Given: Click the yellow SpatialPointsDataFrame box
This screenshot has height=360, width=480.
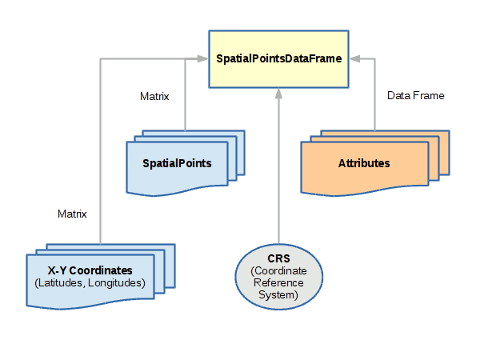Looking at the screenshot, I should point(278,58).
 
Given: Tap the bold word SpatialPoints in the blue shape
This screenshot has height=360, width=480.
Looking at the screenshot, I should point(177,163).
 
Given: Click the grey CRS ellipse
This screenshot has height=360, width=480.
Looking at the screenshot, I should point(279,277).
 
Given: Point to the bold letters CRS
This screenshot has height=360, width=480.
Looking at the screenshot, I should point(279,259).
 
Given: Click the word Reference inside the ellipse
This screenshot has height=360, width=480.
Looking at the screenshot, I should point(279,284).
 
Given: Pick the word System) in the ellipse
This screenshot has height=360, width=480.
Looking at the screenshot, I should point(279,296).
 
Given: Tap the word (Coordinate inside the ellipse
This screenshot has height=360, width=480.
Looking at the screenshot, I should point(279,271).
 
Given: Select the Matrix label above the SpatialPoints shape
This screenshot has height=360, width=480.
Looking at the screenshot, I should point(154,97).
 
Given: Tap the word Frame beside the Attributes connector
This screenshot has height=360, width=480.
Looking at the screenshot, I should point(430,96).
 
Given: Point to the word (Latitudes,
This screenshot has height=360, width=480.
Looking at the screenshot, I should point(62,283).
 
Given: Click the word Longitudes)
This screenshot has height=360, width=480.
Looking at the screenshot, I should point(118,283).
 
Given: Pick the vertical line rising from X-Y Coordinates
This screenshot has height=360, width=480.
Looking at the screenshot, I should point(99,160).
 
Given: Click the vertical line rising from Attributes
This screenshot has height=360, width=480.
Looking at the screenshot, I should point(374,96).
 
